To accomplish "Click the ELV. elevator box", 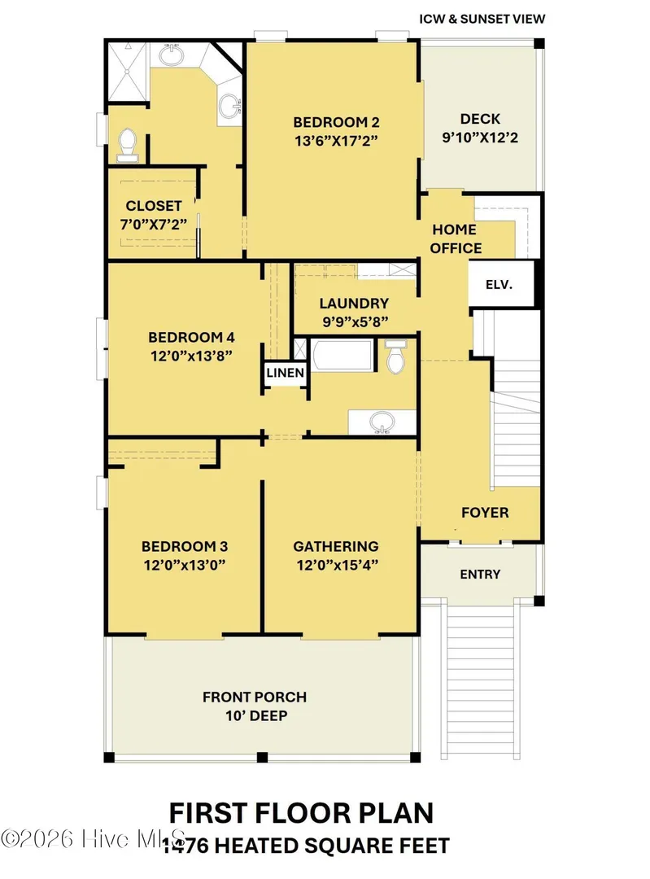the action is [500, 284].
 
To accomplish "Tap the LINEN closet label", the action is [286, 373].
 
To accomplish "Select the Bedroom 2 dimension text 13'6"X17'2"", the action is [336, 140].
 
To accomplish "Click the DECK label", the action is [480, 119].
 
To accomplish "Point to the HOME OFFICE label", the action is [456, 238].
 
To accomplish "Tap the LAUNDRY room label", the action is [354, 304].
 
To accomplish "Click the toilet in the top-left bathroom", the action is [128, 145].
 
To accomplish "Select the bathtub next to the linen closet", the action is [342, 355].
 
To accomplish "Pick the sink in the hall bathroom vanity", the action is [382, 422].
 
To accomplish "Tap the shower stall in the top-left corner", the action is [128, 71].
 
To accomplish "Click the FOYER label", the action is [485, 513].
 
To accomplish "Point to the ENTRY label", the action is [480, 574].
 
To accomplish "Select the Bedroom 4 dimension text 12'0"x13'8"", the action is [191, 356].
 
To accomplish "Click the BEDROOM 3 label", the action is [185, 546].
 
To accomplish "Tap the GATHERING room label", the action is [336, 546].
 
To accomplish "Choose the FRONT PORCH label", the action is [255, 697].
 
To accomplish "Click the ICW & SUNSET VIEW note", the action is [482, 19].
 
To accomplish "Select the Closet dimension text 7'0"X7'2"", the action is [154, 225].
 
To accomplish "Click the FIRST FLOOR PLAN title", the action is [302, 813].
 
